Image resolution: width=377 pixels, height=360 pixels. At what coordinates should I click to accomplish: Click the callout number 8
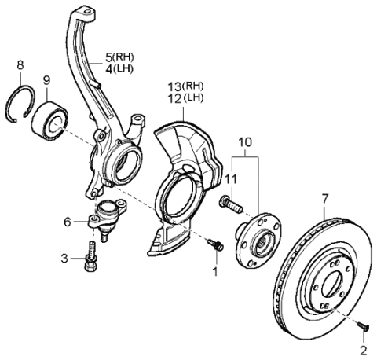(20, 65)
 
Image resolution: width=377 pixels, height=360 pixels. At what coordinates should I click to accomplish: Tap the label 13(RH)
(185, 86)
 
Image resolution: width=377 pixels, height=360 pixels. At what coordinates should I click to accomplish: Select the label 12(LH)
(185, 97)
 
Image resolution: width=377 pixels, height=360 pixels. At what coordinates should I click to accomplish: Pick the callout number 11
(229, 179)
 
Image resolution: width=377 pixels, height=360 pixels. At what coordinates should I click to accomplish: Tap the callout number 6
(67, 222)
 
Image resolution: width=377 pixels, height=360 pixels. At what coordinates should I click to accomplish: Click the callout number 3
(67, 258)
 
